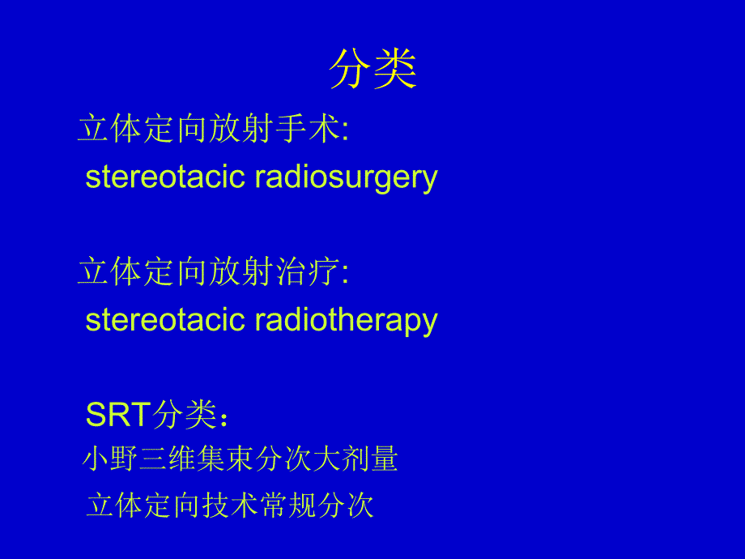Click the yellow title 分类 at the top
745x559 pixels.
pyautogui.click(x=372, y=70)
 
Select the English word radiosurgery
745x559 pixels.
pyautogui.click(x=346, y=177)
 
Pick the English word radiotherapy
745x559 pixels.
pyautogui.click(x=346, y=320)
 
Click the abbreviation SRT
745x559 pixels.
pyautogui.click(x=118, y=416)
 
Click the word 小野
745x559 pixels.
pyautogui.click(x=108, y=460)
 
